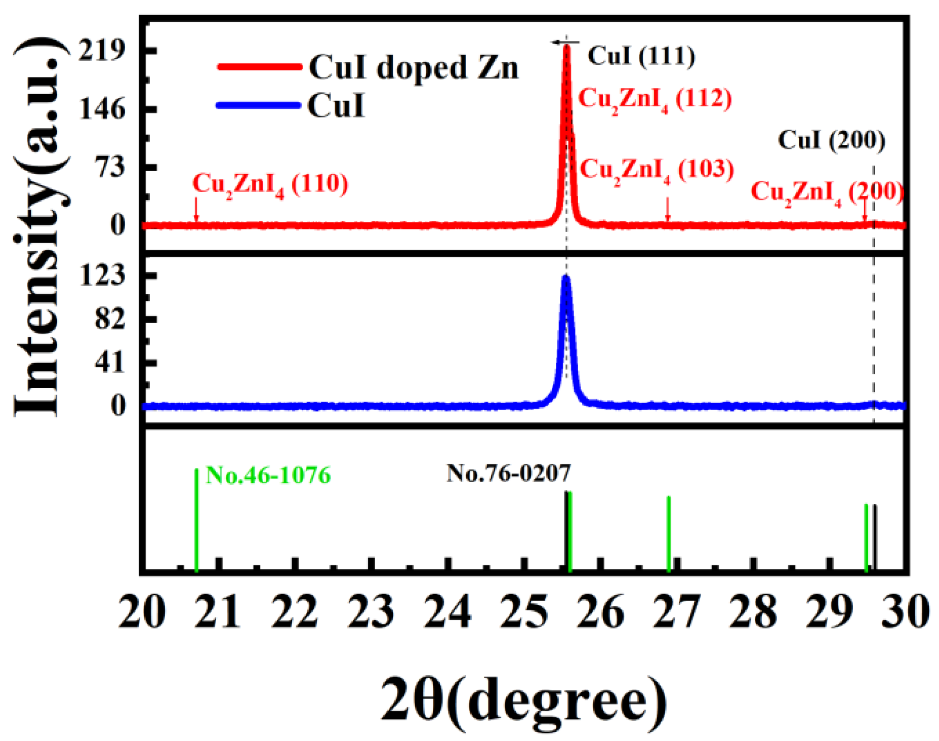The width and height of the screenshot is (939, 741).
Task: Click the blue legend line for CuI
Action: coord(258,105)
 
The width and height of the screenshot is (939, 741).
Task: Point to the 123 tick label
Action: coord(102,276)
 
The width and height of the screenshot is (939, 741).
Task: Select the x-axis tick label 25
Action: coord(523,612)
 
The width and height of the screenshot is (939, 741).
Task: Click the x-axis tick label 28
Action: coord(753,612)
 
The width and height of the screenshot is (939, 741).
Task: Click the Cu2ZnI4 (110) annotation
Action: coord(270,185)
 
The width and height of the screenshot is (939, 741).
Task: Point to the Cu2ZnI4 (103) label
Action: coord(657,170)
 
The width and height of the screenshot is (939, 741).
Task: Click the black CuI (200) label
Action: coord(831,140)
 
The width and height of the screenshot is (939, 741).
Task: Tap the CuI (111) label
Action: coord(641,56)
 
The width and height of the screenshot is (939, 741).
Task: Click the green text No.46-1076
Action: coord(268,476)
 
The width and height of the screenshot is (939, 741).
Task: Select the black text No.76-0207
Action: coord(508,474)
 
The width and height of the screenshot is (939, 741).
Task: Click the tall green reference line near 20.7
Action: coord(196,519)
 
